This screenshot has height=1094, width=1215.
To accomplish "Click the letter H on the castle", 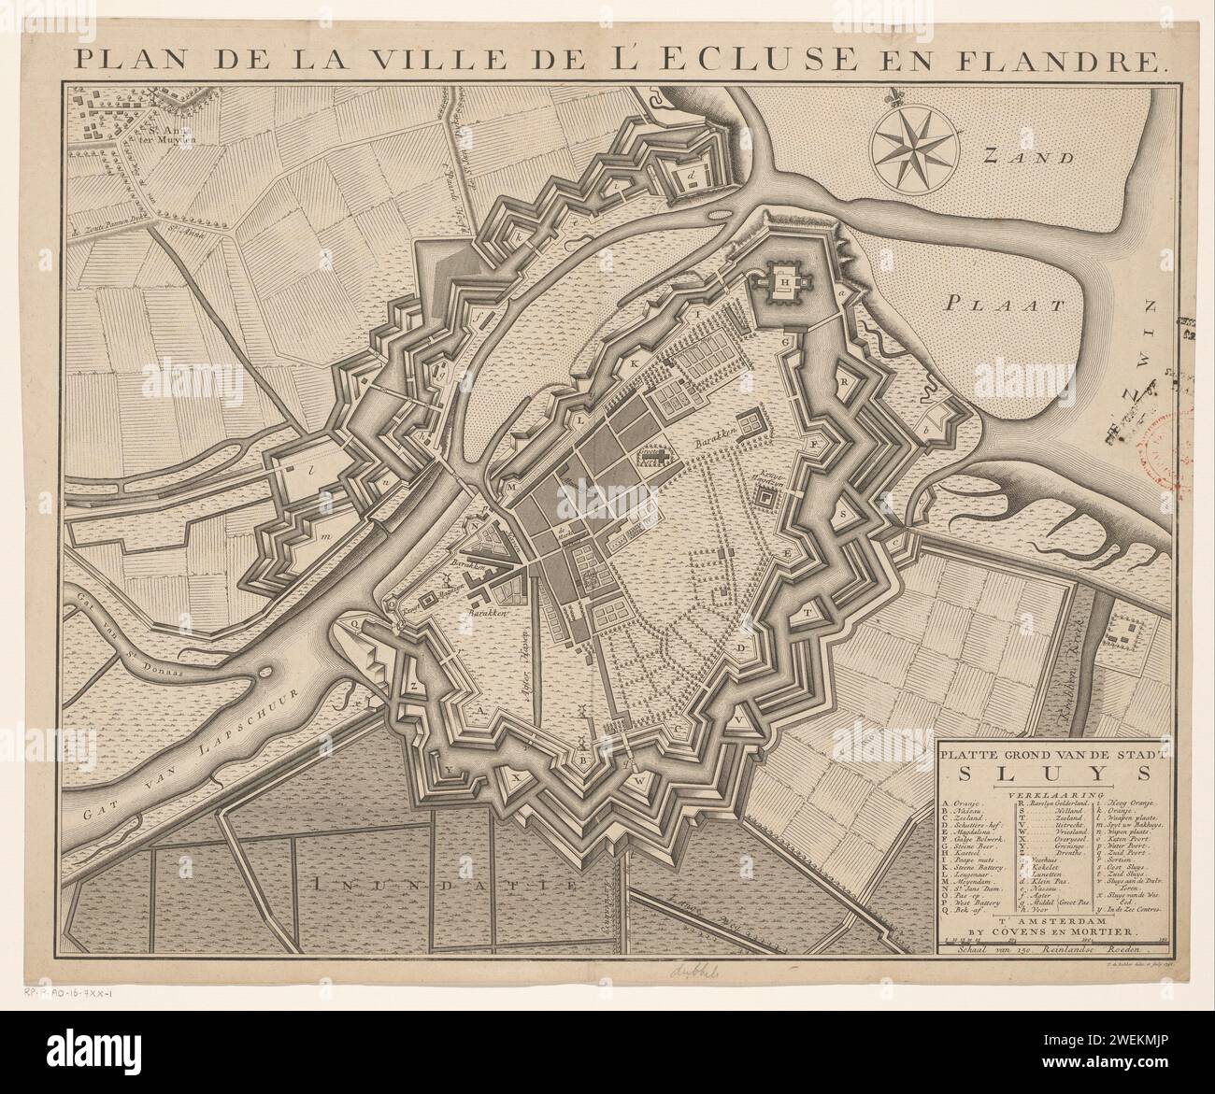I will (811, 277).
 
